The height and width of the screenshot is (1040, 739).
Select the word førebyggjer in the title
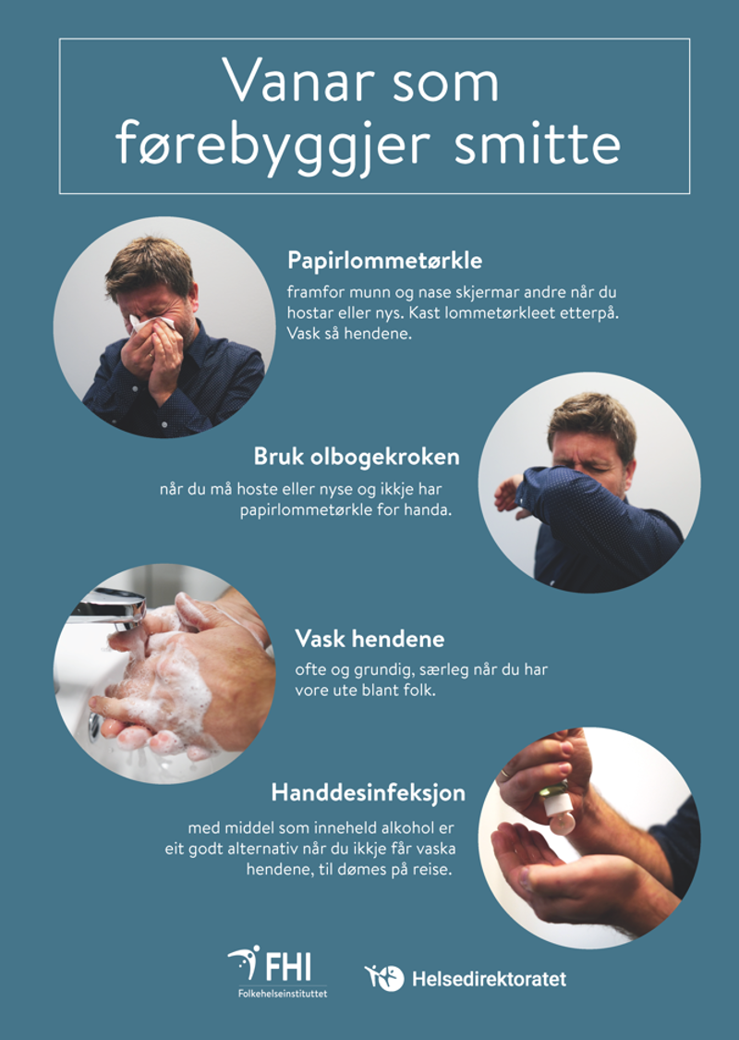point(277,145)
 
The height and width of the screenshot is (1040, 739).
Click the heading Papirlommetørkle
point(384,260)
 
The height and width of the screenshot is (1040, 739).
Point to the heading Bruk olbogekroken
point(356,458)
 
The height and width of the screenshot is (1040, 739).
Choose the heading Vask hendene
point(369,639)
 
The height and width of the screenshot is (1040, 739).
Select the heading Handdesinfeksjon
point(368,793)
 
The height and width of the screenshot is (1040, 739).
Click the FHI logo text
point(287,968)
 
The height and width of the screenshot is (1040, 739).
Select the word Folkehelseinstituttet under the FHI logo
point(281,992)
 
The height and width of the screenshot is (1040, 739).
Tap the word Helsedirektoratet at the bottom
point(489,978)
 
